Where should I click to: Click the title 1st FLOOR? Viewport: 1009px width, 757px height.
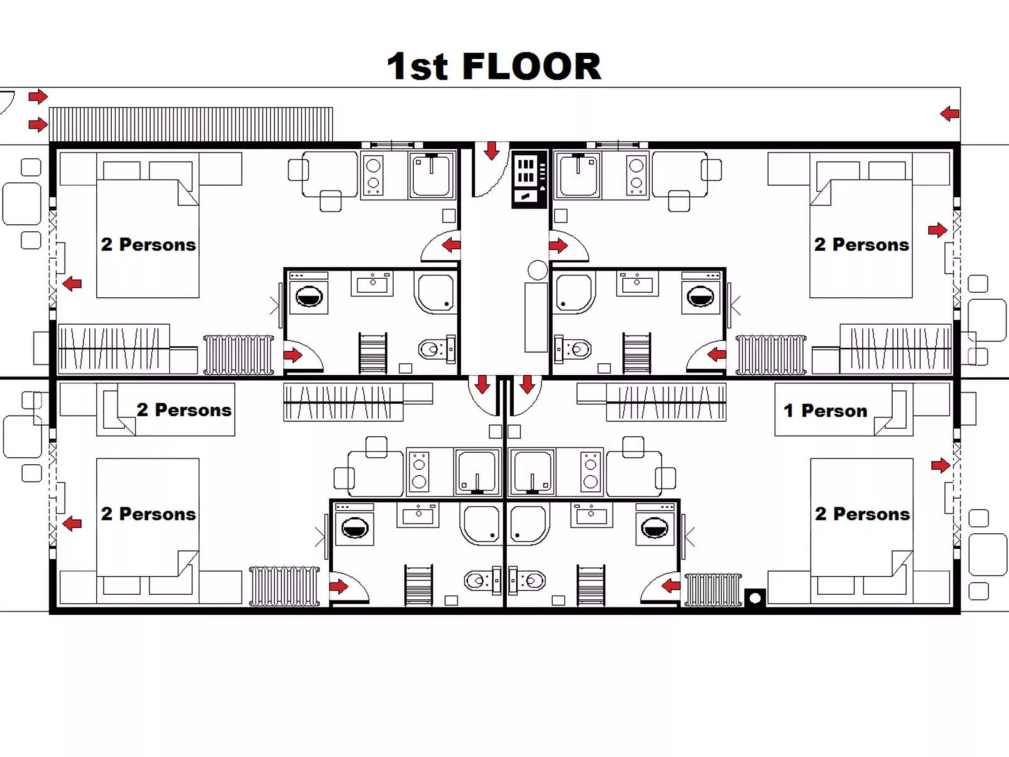(x=494, y=67)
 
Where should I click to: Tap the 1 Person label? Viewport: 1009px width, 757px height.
(x=825, y=411)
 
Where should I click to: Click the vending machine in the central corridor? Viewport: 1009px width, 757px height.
(x=528, y=180)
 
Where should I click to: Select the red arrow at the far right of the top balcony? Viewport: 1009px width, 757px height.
(x=949, y=114)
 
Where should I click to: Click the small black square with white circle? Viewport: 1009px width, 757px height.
(x=755, y=597)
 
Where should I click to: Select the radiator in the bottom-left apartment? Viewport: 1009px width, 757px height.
(x=285, y=586)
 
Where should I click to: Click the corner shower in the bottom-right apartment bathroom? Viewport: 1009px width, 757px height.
(x=528, y=525)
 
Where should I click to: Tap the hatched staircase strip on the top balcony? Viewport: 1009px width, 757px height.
(x=191, y=124)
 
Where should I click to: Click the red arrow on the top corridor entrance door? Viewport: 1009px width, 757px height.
(x=491, y=150)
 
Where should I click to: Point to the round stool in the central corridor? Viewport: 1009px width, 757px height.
(x=537, y=270)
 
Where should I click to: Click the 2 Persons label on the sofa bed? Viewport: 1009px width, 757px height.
(x=183, y=410)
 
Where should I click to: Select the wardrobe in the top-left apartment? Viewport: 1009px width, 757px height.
(x=114, y=348)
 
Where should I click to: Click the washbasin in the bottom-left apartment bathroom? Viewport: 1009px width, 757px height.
(x=418, y=515)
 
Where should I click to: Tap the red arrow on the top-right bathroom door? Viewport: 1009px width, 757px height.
(x=716, y=355)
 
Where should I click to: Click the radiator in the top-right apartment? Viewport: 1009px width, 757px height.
(x=771, y=355)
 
